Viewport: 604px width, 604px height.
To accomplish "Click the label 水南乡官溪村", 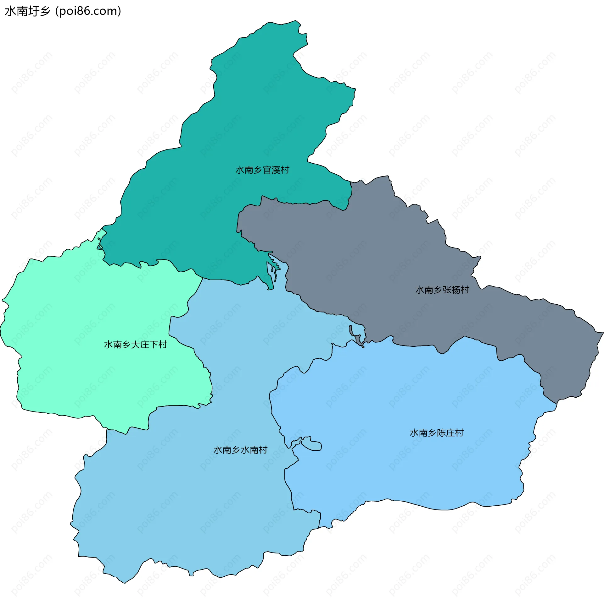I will tap(262, 170).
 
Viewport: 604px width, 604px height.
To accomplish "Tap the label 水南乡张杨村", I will tap(442, 290).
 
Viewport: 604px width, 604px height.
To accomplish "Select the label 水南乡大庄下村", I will tap(135, 345).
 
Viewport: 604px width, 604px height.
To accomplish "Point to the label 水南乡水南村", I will tap(240, 450).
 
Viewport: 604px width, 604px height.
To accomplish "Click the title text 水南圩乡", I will tap(28, 11).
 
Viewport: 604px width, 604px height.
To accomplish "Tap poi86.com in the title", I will tap(88, 11).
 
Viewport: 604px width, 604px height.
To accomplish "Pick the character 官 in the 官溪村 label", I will tap(267, 170).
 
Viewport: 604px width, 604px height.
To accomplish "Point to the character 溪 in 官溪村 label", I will tap(276, 170).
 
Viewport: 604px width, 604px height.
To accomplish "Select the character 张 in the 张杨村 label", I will tap(447, 290).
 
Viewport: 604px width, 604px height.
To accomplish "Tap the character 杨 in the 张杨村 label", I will tap(456, 290).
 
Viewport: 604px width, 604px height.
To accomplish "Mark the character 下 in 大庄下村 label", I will tap(154, 345).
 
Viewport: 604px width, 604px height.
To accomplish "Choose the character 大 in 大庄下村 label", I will tap(135, 345).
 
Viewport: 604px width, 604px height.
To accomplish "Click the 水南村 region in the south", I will tap(189, 503).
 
